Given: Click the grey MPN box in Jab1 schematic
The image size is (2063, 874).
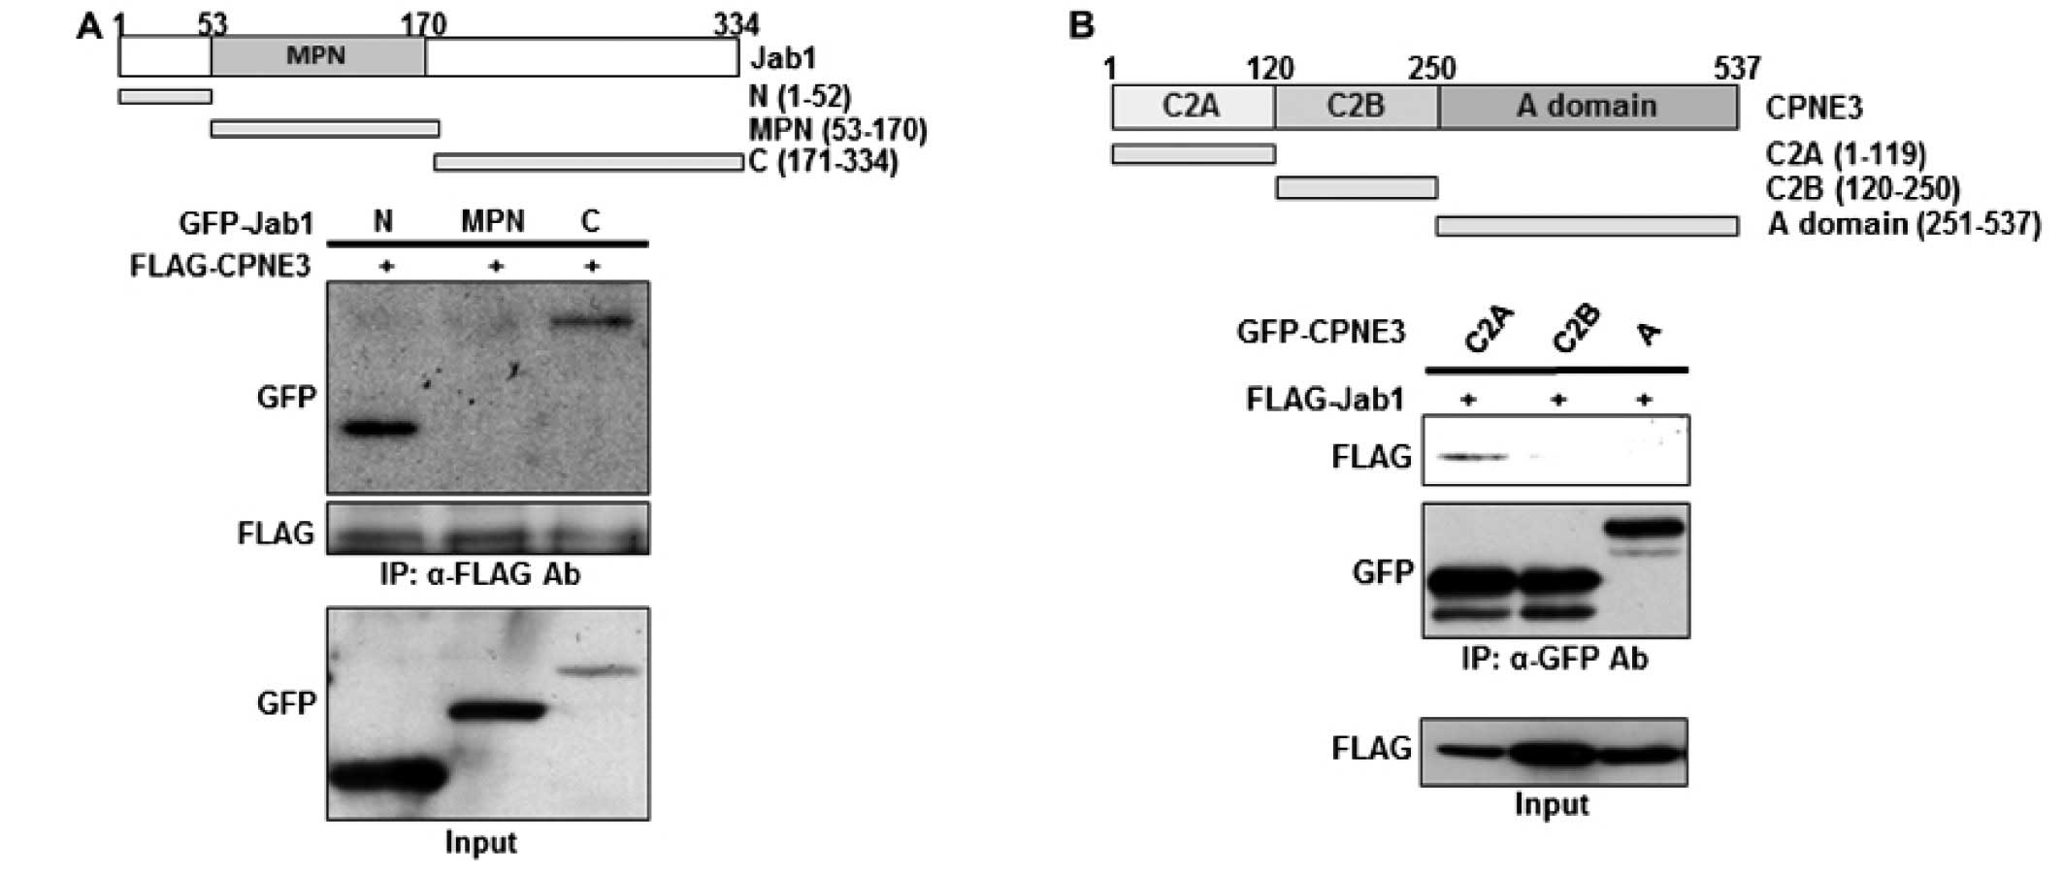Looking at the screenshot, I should (317, 57).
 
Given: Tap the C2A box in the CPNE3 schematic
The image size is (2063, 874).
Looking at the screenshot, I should (1192, 107).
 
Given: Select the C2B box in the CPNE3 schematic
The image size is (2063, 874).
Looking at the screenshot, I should (1356, 107).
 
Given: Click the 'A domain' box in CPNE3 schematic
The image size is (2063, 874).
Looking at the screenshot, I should (1588, 107).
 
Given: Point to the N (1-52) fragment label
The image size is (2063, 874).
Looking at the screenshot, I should (801, 97).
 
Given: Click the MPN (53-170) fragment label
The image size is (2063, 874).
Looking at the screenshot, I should (837, 129).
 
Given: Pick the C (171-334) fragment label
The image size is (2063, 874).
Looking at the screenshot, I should (824, 161).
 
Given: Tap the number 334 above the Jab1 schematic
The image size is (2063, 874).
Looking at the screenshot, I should (736, 24).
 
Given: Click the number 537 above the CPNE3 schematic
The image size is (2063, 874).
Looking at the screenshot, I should (1736, 68).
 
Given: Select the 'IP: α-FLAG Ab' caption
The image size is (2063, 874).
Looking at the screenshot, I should (480, 575).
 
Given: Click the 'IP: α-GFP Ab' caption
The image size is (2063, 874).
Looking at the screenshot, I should (1555, 660).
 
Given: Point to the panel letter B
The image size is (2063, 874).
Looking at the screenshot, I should (1081, 25).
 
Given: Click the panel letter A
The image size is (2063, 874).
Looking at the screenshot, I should (89, 26).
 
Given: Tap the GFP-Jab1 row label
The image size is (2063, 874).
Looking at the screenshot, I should (246, 224).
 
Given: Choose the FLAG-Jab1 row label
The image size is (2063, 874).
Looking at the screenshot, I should (1325, 399).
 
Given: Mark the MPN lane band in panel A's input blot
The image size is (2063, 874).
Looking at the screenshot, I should (497, 711).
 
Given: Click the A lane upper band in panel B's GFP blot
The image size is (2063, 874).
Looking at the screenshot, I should (1644, 529).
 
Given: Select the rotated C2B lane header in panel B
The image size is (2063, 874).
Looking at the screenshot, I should (1575, 330).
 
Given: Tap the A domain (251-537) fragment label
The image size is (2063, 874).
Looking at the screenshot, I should (1904, 225).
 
